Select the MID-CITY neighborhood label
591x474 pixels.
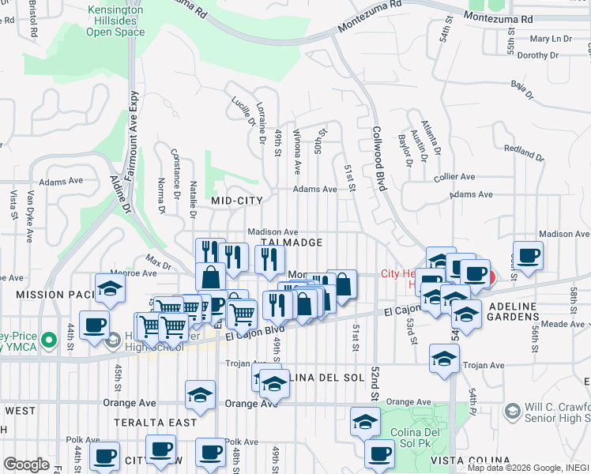[x=236, y=201]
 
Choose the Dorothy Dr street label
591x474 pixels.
[x=537, y=55]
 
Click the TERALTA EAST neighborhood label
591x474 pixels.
[x=155, y=423]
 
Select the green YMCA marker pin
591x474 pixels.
[x=49, y=340]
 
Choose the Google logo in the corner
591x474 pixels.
[x=26, y=465]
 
